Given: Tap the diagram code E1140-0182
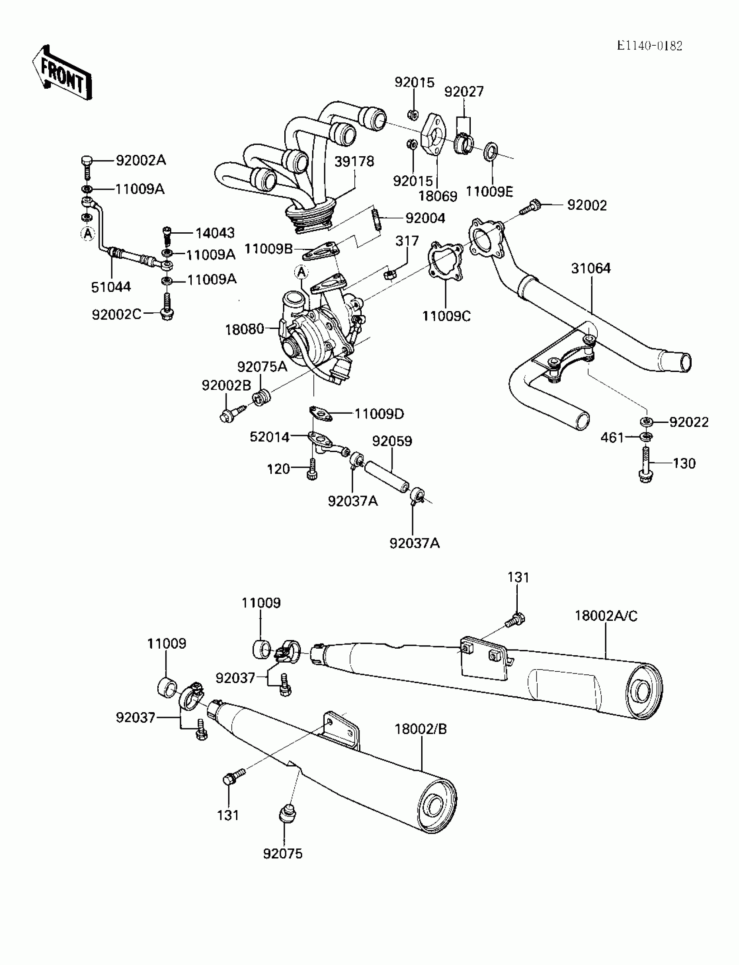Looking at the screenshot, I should (x=649, y=46).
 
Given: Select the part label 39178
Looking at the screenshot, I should (x=354, y=161).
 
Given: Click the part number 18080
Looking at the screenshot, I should (x=244, y=329).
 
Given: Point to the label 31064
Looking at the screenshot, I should (x=591, y=268).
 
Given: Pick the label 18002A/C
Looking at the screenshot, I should (x=606, y=616).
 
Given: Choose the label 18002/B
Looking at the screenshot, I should (x=420, y=729).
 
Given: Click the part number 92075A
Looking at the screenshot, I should (x=262, y=366).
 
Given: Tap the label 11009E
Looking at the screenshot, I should (x=489, y=191).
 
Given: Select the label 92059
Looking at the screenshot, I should (x=392, y=441).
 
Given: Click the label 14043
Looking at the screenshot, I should (x=215, y=232).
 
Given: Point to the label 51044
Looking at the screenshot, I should (x=111, y=287).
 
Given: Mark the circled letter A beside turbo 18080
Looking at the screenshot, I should (x=301, y=272).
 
